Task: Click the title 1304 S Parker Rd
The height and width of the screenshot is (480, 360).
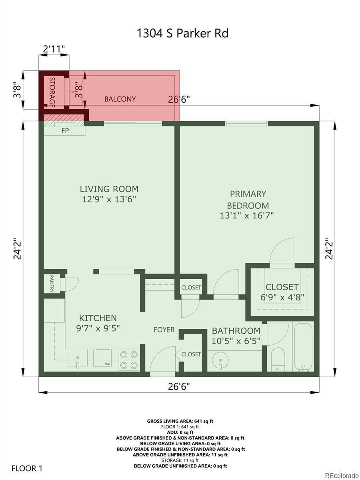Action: pyautogui.click(x=182, y=34)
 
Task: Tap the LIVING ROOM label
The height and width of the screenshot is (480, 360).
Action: pyautogui.click(x=109, y=189)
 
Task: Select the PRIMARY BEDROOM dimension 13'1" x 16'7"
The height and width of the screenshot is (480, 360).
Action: pyautogui.click(x=246, y=216)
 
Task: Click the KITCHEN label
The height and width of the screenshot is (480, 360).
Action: pyautogui.click(x=98, y=318)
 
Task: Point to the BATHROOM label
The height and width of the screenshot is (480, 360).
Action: pyautogui.click(x=236, y=331)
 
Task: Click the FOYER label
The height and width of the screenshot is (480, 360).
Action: pyautogui.click(x=164, y=330)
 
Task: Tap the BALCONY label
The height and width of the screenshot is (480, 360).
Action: pyautogui.click(x=120, y=99)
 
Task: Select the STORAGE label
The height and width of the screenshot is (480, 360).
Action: pyautogui.click(x=52, y=92)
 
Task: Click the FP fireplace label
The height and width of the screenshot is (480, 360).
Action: pyautogui.click(x=65, y=130)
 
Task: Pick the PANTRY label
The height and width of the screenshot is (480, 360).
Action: pyautogui.click(x=52, y=284)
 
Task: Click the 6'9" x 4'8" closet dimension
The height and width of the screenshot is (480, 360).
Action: pyautogui.click(x=282, y=297)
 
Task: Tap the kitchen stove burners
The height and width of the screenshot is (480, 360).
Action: pyautogui.click(x=129, y=360)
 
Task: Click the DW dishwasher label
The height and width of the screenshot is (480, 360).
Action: pyautogui.click(x=107, y=364)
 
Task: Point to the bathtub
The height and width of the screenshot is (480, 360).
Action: pyautogui.click(x=303, y=347)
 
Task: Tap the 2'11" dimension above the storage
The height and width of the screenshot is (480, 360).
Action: pyautogui.click(x=54, y=49)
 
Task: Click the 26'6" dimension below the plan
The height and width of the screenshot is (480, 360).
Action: pyautogui.click(x=178, y=386)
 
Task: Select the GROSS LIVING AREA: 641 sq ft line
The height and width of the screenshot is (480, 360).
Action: pyautogui.click(x=180, y=421)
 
